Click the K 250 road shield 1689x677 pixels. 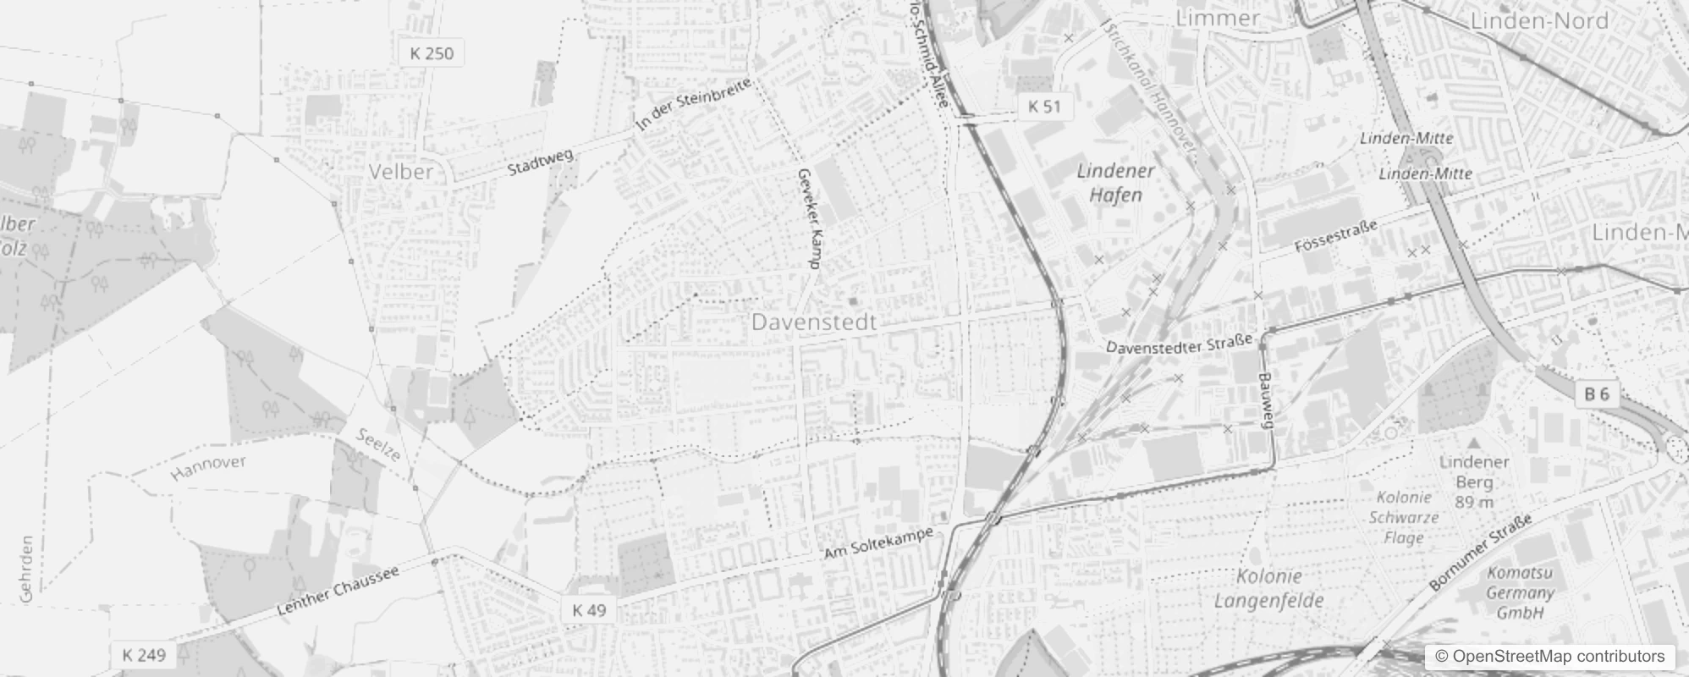click(x=432, y=53)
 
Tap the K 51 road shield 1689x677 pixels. click(x=1044, y=106)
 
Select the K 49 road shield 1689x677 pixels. click(x=589, y=609)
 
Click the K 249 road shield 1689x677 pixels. click(x=143, y=654)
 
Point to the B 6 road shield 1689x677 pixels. click(x=1596, y=394)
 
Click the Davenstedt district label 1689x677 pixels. click(x=814, y=322)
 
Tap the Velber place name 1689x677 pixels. click(x=401, y=172)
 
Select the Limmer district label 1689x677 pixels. click(x=1218, y=18)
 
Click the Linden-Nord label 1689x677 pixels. click(x=1539, y=21)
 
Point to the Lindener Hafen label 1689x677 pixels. click(x=1115, y=183)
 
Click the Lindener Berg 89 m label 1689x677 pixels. click(x=1474, y=482)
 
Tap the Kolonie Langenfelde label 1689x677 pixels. click(x=1268, y=589)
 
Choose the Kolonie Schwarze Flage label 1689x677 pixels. click(x=1404, y=517)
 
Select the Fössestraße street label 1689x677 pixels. click(x=1336, y=236)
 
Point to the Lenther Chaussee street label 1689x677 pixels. click(x=338, y=592)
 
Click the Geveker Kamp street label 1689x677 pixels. click(x=809, y=218)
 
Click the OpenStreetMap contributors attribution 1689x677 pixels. click(x=1548, y=657)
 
